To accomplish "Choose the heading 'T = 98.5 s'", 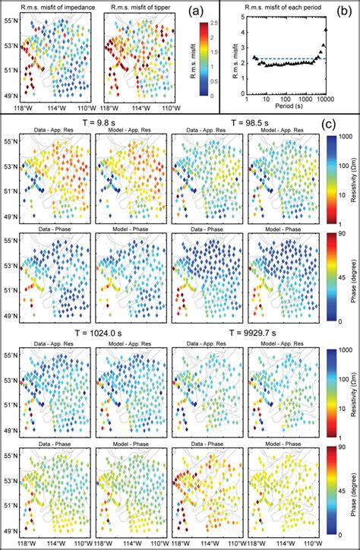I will coord(259,124).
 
